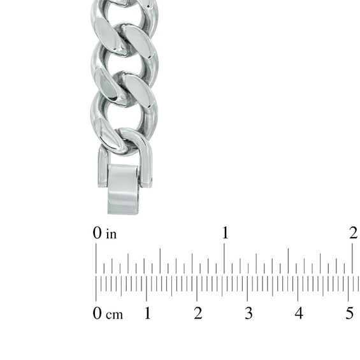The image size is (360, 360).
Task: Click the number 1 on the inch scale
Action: (x=225, y=233)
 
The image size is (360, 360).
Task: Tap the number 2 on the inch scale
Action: (x=354, y=233)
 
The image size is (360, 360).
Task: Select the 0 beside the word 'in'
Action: (x=97, y=234)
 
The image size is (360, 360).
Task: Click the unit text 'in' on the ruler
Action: (x=112, y=234)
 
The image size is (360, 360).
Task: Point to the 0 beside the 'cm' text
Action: (x=97, y=313)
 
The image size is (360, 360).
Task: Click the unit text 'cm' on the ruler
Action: (x=115, y=314)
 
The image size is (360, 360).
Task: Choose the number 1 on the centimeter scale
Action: (x=147, y=313)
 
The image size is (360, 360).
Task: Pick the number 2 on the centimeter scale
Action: (x=198, y=313)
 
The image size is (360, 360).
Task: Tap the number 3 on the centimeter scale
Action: (x=248, y=313)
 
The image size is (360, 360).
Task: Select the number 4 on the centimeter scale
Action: (x=299, y=313)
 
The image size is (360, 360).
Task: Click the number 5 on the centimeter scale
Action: (x=349, y=313)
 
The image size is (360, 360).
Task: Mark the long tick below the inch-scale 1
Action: (x=224, y=259)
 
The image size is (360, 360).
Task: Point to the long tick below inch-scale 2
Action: (x=352, y=259)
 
